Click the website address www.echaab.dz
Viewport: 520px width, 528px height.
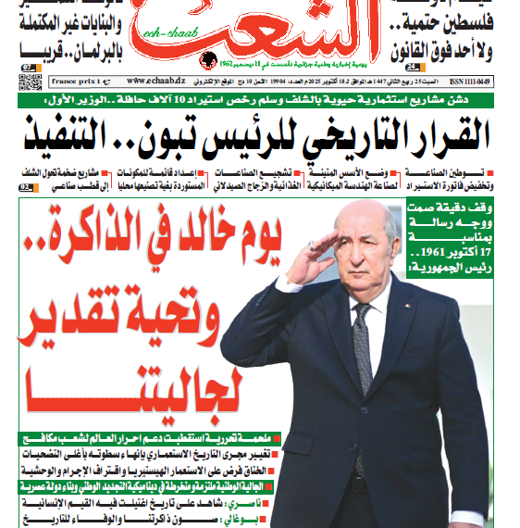coord(149,81)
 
